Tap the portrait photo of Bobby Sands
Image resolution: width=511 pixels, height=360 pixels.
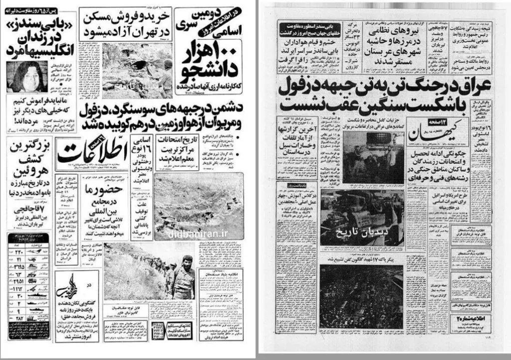click(25, 78)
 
